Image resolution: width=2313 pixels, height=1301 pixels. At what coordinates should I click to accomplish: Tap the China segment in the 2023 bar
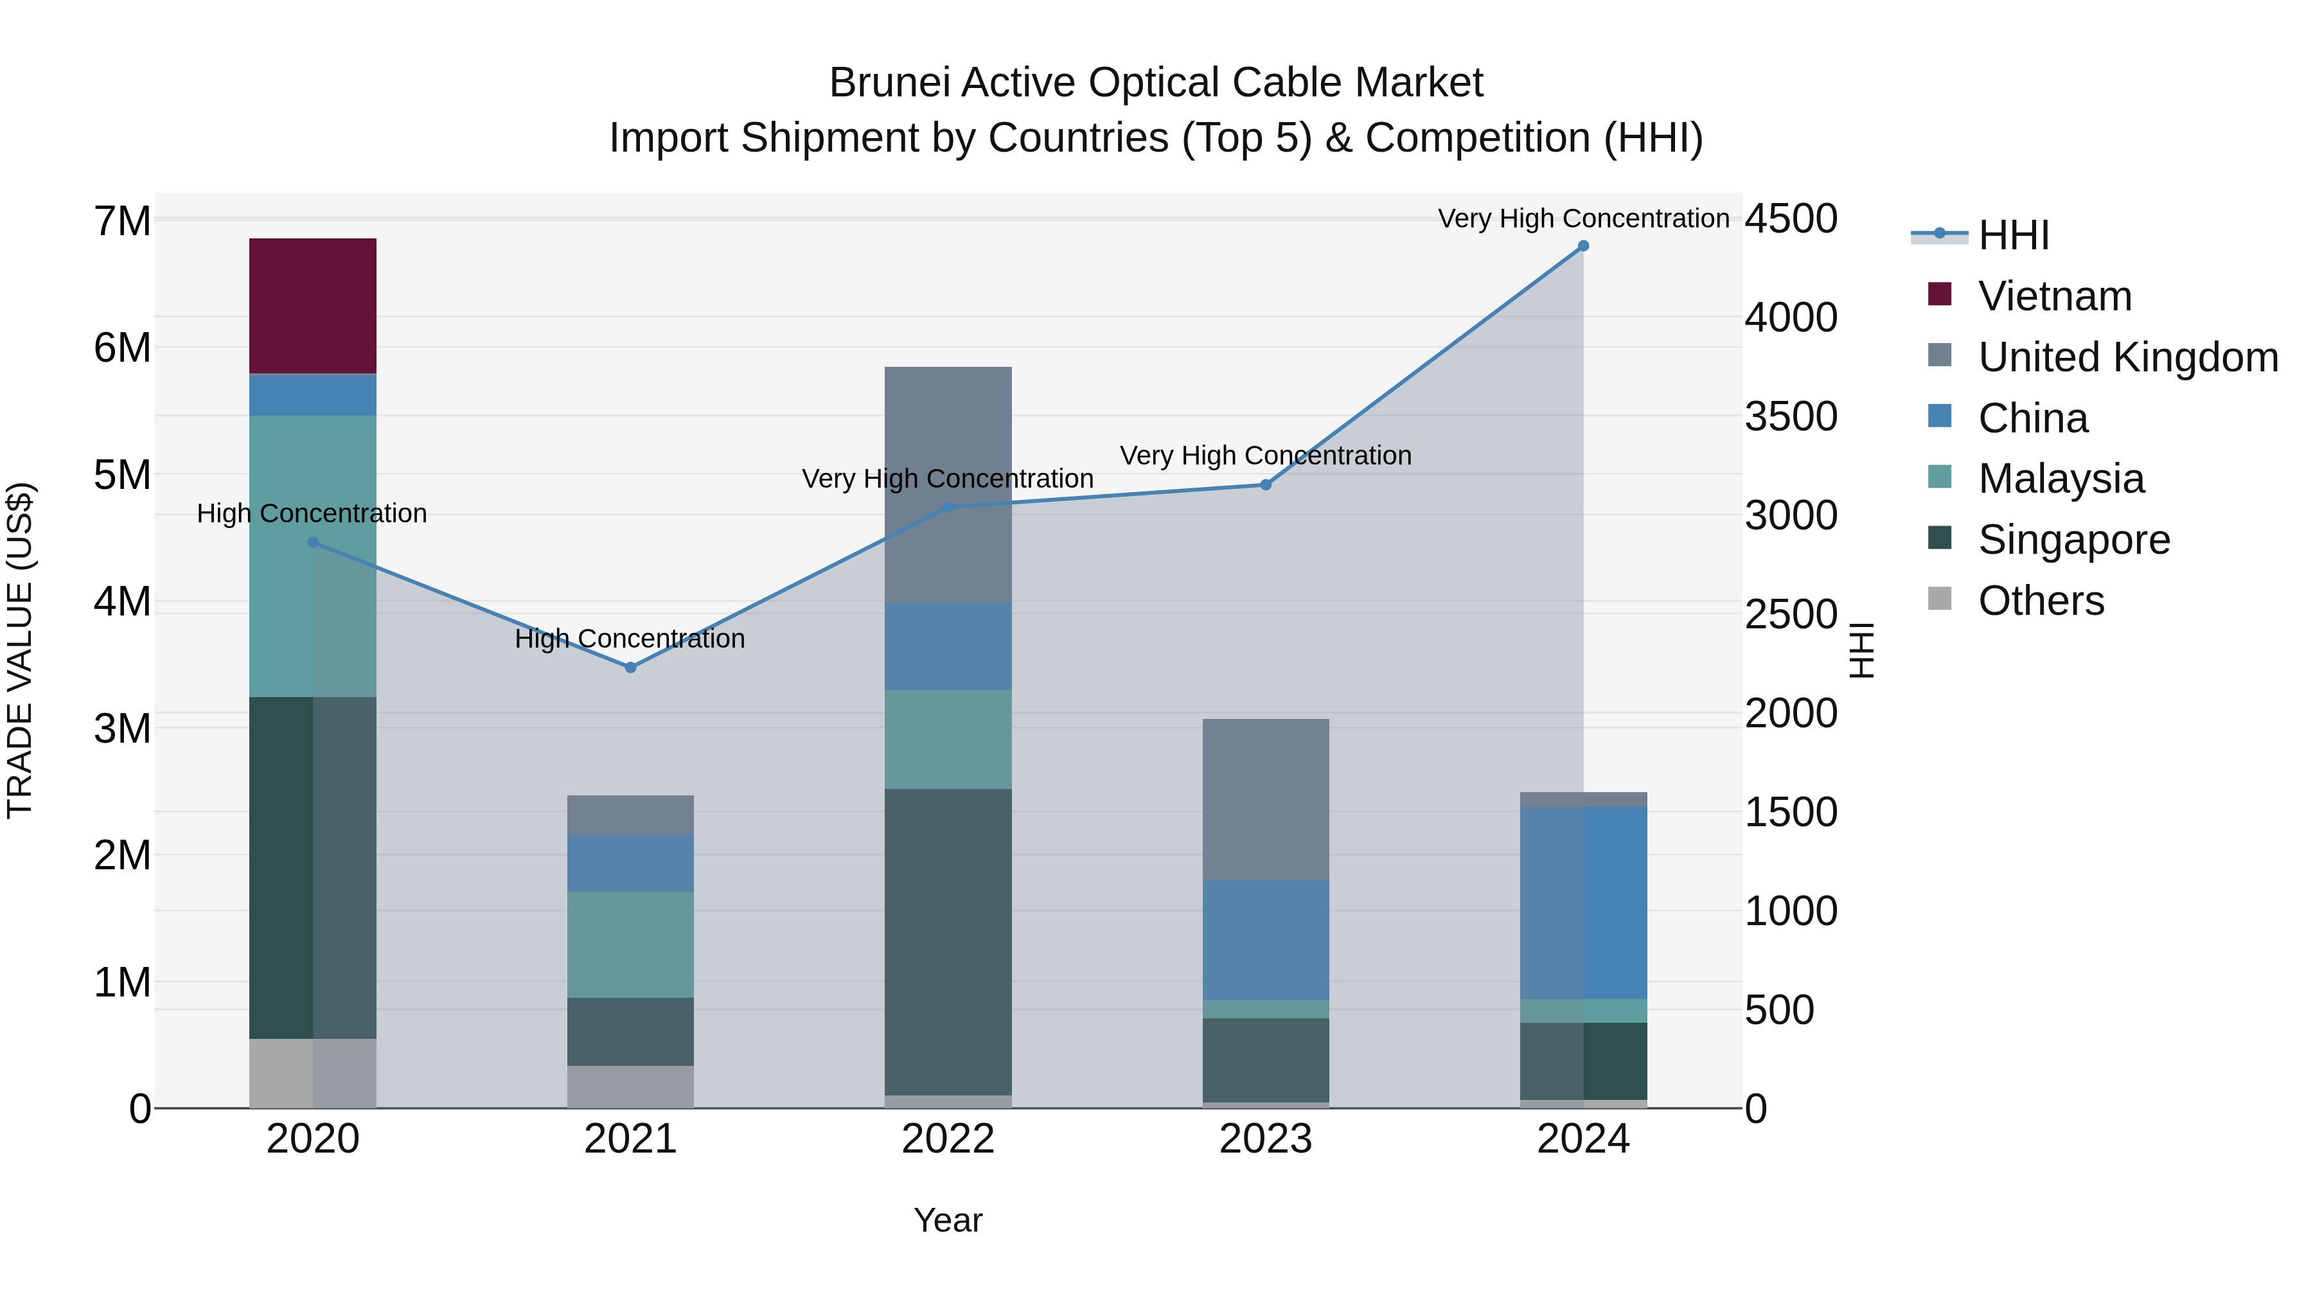1265,939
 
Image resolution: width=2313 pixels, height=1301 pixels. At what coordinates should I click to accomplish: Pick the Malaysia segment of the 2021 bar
630,944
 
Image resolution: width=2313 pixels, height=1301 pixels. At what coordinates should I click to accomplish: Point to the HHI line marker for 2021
630,667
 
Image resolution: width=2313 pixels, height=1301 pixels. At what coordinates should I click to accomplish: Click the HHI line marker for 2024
1583,246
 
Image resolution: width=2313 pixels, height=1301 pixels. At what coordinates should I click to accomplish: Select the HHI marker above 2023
1265,485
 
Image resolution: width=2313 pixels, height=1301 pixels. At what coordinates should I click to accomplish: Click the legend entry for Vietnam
2055,296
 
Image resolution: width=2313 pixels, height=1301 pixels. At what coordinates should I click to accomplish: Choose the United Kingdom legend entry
2127,357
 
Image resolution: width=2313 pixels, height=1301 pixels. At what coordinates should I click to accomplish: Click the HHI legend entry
2013,235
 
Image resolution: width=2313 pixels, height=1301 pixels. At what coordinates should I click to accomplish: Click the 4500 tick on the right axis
1791,219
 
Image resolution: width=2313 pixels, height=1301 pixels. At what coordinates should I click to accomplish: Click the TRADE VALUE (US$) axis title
20,650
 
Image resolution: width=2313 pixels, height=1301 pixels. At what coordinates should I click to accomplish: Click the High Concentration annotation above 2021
630,639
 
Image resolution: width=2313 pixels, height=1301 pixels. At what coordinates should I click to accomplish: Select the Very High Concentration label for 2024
1583,218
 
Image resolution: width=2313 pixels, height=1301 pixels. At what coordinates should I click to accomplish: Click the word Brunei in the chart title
889,83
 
